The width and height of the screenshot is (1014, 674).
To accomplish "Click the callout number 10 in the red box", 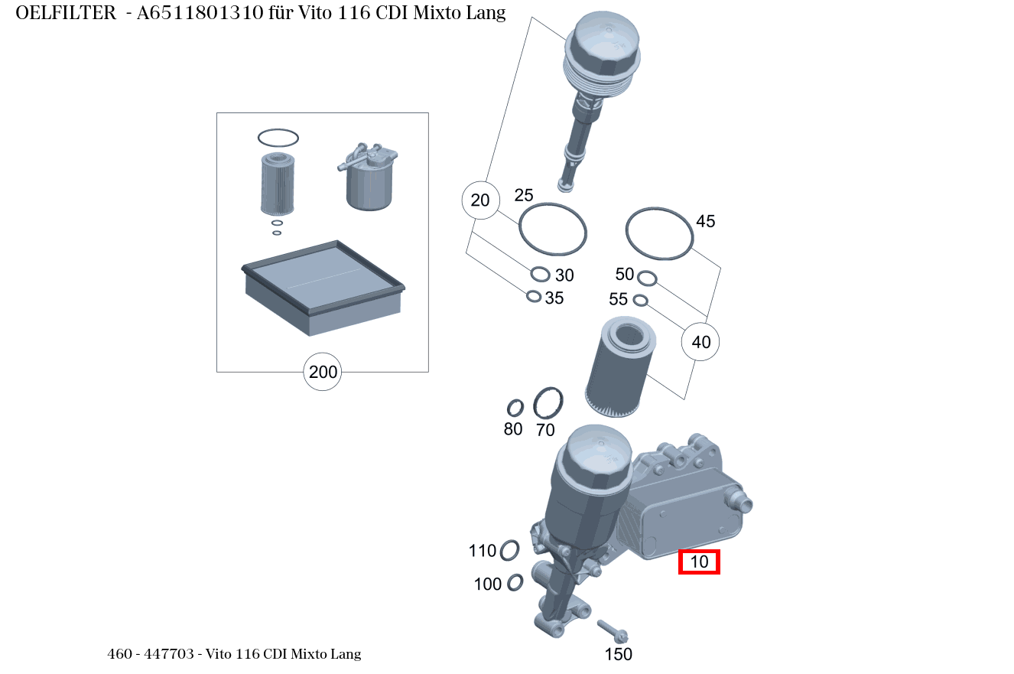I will coord(700,562).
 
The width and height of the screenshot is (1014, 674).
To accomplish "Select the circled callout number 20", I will coord(480,200).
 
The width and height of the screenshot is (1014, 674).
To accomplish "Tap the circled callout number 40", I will coord(701,342).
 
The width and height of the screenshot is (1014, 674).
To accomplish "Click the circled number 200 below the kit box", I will coord(323,373).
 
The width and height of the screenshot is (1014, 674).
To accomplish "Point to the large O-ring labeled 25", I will coord(553,229).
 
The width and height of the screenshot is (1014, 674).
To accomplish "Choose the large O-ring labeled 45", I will coord(659,233).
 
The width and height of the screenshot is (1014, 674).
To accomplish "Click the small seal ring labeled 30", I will coord(540,275).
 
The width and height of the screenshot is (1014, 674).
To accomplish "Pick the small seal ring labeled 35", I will coord(534,296).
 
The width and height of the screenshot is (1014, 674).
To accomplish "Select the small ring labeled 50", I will coord(646,277).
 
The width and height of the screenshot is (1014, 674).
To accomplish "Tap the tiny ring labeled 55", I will coord(641,300).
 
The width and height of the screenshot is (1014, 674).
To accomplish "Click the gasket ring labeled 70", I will coord(548,402).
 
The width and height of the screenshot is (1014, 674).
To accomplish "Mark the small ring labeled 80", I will coord(515,408).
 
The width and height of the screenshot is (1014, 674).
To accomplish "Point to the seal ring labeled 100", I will coord(515,582).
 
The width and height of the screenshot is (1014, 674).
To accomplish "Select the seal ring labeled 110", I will coord(509,549).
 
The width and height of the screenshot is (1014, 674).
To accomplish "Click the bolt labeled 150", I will coord(613,630).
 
